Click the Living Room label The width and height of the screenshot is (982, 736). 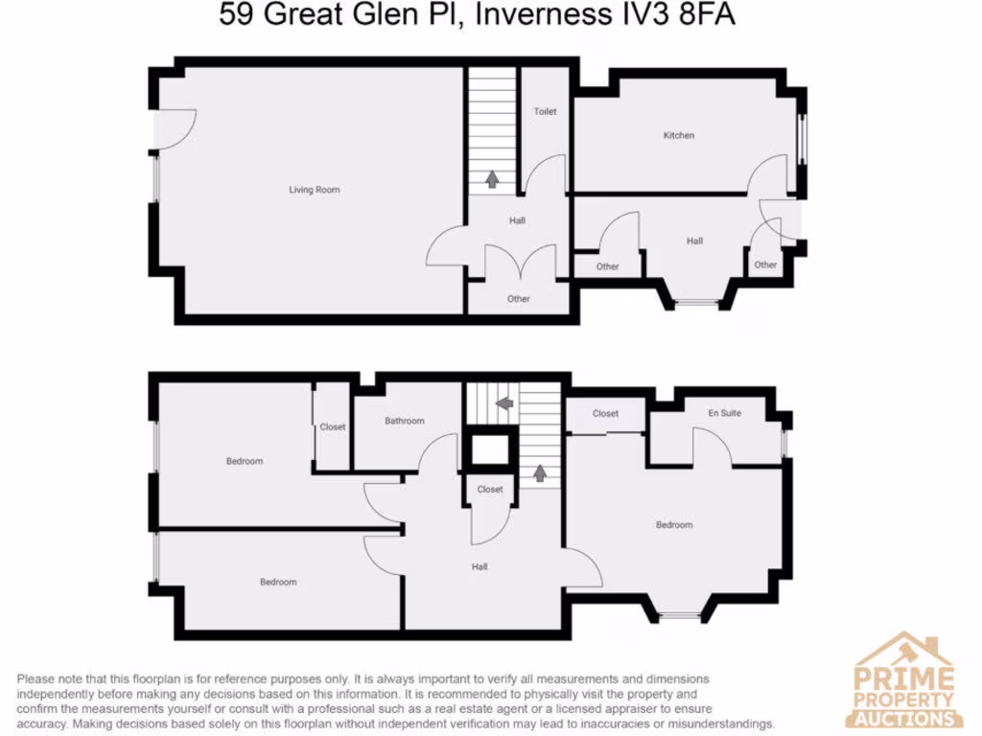315,190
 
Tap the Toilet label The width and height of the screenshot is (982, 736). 545,111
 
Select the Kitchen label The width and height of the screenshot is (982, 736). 679,135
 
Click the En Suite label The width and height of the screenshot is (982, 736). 725,413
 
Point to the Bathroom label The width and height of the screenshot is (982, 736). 404,421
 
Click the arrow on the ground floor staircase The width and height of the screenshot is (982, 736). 493,178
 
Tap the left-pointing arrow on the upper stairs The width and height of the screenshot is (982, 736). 504,402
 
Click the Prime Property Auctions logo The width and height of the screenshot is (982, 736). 905,680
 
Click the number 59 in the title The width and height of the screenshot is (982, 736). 236,16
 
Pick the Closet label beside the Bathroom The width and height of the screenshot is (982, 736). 333,426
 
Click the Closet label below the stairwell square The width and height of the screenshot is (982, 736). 490,489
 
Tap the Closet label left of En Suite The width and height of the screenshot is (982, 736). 605,414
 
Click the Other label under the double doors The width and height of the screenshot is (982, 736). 519,299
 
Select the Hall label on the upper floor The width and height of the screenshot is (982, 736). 479,566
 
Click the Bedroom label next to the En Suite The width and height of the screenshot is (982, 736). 674,524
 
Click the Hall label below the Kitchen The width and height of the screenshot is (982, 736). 694,241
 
